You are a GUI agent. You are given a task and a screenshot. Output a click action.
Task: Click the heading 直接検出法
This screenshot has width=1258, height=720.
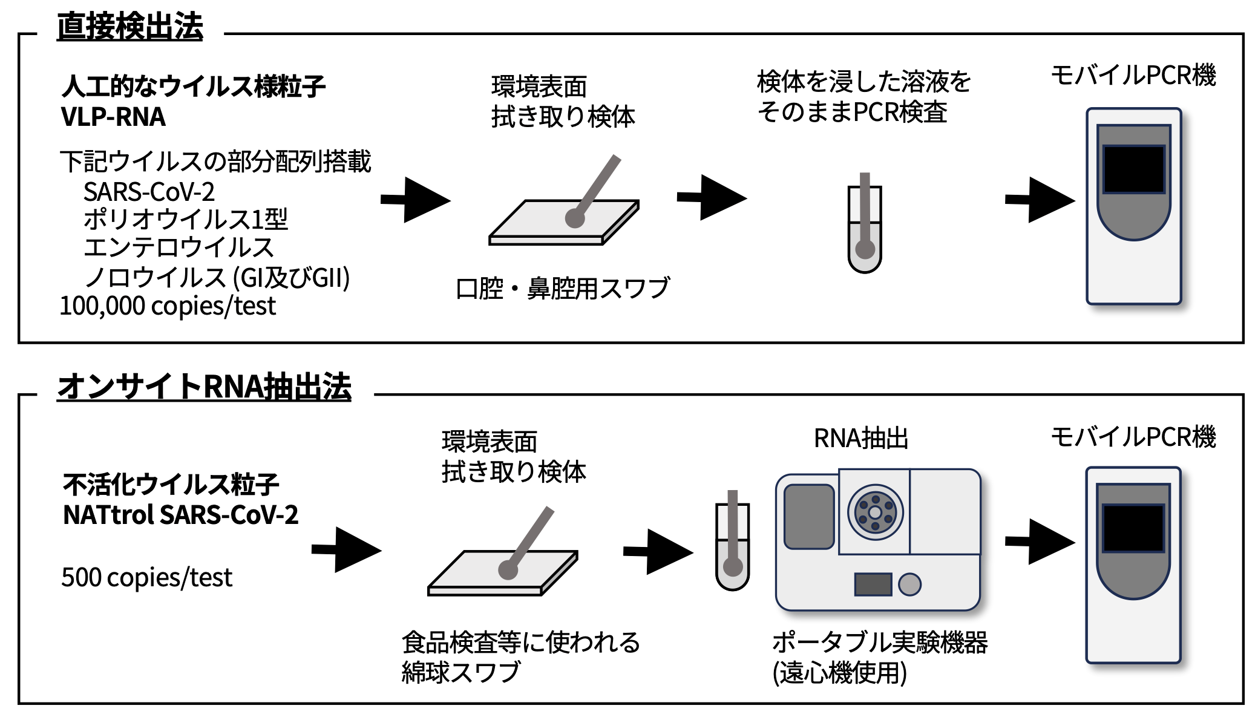click(130, 27)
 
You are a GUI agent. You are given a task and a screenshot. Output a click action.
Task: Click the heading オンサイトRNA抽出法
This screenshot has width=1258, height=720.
click(204, 387)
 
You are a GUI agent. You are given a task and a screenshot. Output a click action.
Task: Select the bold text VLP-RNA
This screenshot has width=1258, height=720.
click(113, 117)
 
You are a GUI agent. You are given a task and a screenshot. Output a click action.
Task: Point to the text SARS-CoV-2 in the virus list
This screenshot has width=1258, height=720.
click(149, 192)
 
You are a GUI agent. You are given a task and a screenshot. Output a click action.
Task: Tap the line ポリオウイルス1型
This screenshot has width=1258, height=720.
click(186, 220)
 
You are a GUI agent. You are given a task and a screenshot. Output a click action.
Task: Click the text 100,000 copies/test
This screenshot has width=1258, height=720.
click(168, 306)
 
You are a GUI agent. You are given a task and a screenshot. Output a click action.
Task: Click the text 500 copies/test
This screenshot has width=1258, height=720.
click(146, 577)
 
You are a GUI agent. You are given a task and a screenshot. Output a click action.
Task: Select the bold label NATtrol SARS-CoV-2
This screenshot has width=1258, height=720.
click(181, 515)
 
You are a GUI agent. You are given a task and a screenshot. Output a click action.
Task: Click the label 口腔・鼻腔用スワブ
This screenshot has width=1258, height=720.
click(563, 288)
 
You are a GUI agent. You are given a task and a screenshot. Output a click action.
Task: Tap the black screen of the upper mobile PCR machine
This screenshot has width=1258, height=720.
click(1133, 169)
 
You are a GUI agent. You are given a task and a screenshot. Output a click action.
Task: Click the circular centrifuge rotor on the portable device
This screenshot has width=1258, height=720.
click(875, 512)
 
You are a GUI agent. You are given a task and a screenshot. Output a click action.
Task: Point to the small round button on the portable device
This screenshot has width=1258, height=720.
click(909, 584)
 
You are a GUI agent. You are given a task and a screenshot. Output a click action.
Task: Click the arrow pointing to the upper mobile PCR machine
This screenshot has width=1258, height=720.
click(1040, 200)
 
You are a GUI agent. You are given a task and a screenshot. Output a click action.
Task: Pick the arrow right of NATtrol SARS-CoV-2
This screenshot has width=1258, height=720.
click(346, 549)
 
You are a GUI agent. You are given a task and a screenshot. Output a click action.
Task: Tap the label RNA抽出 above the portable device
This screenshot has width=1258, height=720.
click(861, 439)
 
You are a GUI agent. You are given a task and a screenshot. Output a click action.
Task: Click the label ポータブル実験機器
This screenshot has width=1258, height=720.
click(880, 643)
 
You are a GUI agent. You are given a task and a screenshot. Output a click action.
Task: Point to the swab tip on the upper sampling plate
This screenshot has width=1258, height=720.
click(575, 218)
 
